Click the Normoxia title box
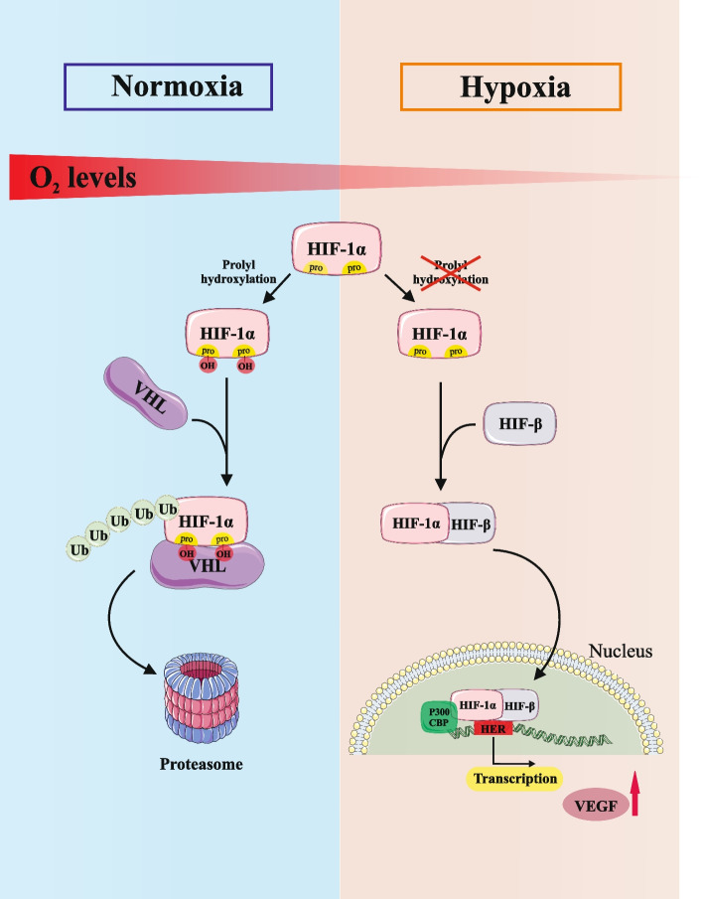tap(168, 86)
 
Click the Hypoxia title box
tap(510, 86)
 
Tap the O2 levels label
tap(82, 178)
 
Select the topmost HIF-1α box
tap(337, 248)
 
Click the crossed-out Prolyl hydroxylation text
tap(451, 272)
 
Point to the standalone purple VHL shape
tap(146, 393)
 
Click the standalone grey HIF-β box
tap(520, 424)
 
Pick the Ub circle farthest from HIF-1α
tap(78, 549)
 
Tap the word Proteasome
tap(202, 764)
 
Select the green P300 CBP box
tap(439, 716)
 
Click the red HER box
tap(493, 729)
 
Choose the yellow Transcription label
tap(514, 779)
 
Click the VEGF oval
tap(596, 806)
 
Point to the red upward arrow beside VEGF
tap(634, 794)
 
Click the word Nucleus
tap(621, 652)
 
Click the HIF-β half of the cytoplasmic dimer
tap(471, 524)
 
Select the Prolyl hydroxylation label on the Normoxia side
tap(238, 272)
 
